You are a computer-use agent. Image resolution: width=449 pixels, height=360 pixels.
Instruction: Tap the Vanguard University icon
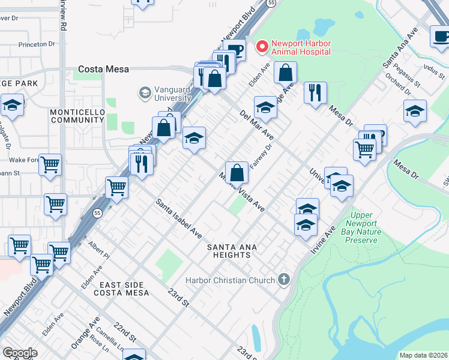click(145, 93)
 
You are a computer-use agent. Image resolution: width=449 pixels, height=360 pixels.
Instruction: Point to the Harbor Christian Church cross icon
click(284, 280)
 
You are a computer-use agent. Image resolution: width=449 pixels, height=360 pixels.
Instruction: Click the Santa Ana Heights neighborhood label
click(229, 251)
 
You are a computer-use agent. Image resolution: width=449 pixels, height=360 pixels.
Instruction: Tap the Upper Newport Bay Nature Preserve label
click(361, 228)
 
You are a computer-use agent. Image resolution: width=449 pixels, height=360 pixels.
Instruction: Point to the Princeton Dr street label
click(37, 44)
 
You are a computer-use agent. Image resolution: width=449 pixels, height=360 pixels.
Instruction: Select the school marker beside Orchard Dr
click(414, 112)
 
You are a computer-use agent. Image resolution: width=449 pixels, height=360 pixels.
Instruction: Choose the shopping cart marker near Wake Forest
click(50, 164)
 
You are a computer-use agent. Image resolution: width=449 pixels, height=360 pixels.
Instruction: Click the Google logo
click(20, 352)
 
